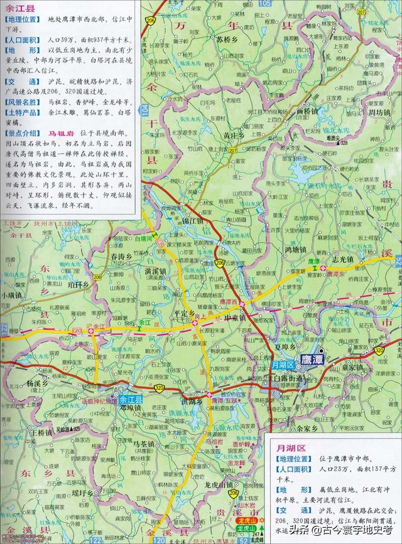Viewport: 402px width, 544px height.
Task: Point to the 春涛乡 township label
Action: click(x=122, y=257)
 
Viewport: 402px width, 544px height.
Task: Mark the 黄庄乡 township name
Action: click(x=227, y=135)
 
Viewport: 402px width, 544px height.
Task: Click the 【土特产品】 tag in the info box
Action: click(x=24, y=112)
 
